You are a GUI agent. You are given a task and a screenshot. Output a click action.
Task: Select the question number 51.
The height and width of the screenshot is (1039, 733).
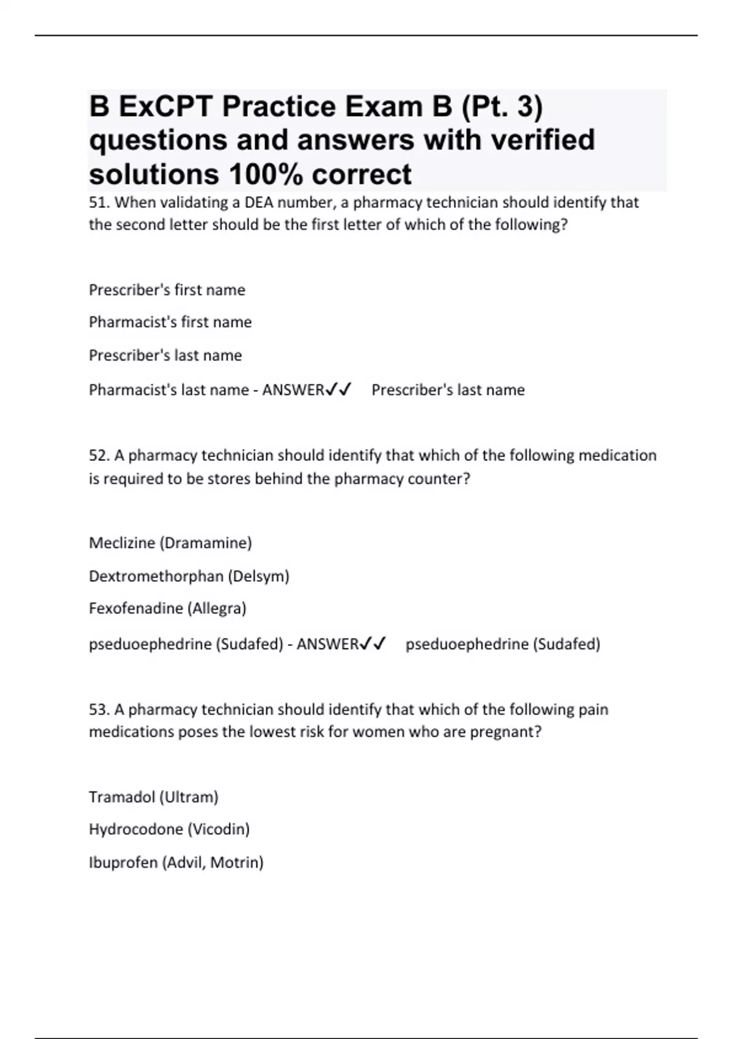click(99, 202)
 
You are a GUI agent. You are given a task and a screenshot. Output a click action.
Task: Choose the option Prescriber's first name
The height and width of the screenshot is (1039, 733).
click(167, 290)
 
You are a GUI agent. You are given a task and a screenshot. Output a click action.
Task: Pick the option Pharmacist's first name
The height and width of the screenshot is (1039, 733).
click(170, 322)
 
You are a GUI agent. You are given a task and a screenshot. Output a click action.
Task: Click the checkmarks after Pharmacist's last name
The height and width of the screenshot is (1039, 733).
click(338, 389)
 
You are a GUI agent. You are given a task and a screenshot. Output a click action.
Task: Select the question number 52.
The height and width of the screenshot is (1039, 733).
click(99, 456)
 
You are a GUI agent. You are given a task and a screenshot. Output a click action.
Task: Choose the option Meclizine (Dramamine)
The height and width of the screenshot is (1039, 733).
click(170, 543)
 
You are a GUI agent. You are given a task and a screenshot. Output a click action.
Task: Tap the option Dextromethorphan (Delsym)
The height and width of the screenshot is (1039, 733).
click(189, 576)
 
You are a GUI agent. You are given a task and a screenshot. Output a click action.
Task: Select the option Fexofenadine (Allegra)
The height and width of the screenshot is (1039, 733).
click(167, 608)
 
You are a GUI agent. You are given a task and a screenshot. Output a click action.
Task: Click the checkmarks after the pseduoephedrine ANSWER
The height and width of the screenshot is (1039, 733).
click(373, 644)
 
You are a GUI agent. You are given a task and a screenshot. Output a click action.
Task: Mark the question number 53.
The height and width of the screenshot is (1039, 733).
click(99, 710)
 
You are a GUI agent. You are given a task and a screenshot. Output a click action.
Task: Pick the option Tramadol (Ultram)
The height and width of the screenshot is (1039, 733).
click(153, 797)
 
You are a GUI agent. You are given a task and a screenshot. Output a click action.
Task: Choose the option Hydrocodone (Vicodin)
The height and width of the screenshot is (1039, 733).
click(169, 829)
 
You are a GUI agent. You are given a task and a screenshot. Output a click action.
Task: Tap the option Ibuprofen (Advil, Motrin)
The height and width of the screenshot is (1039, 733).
click(176, 862)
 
